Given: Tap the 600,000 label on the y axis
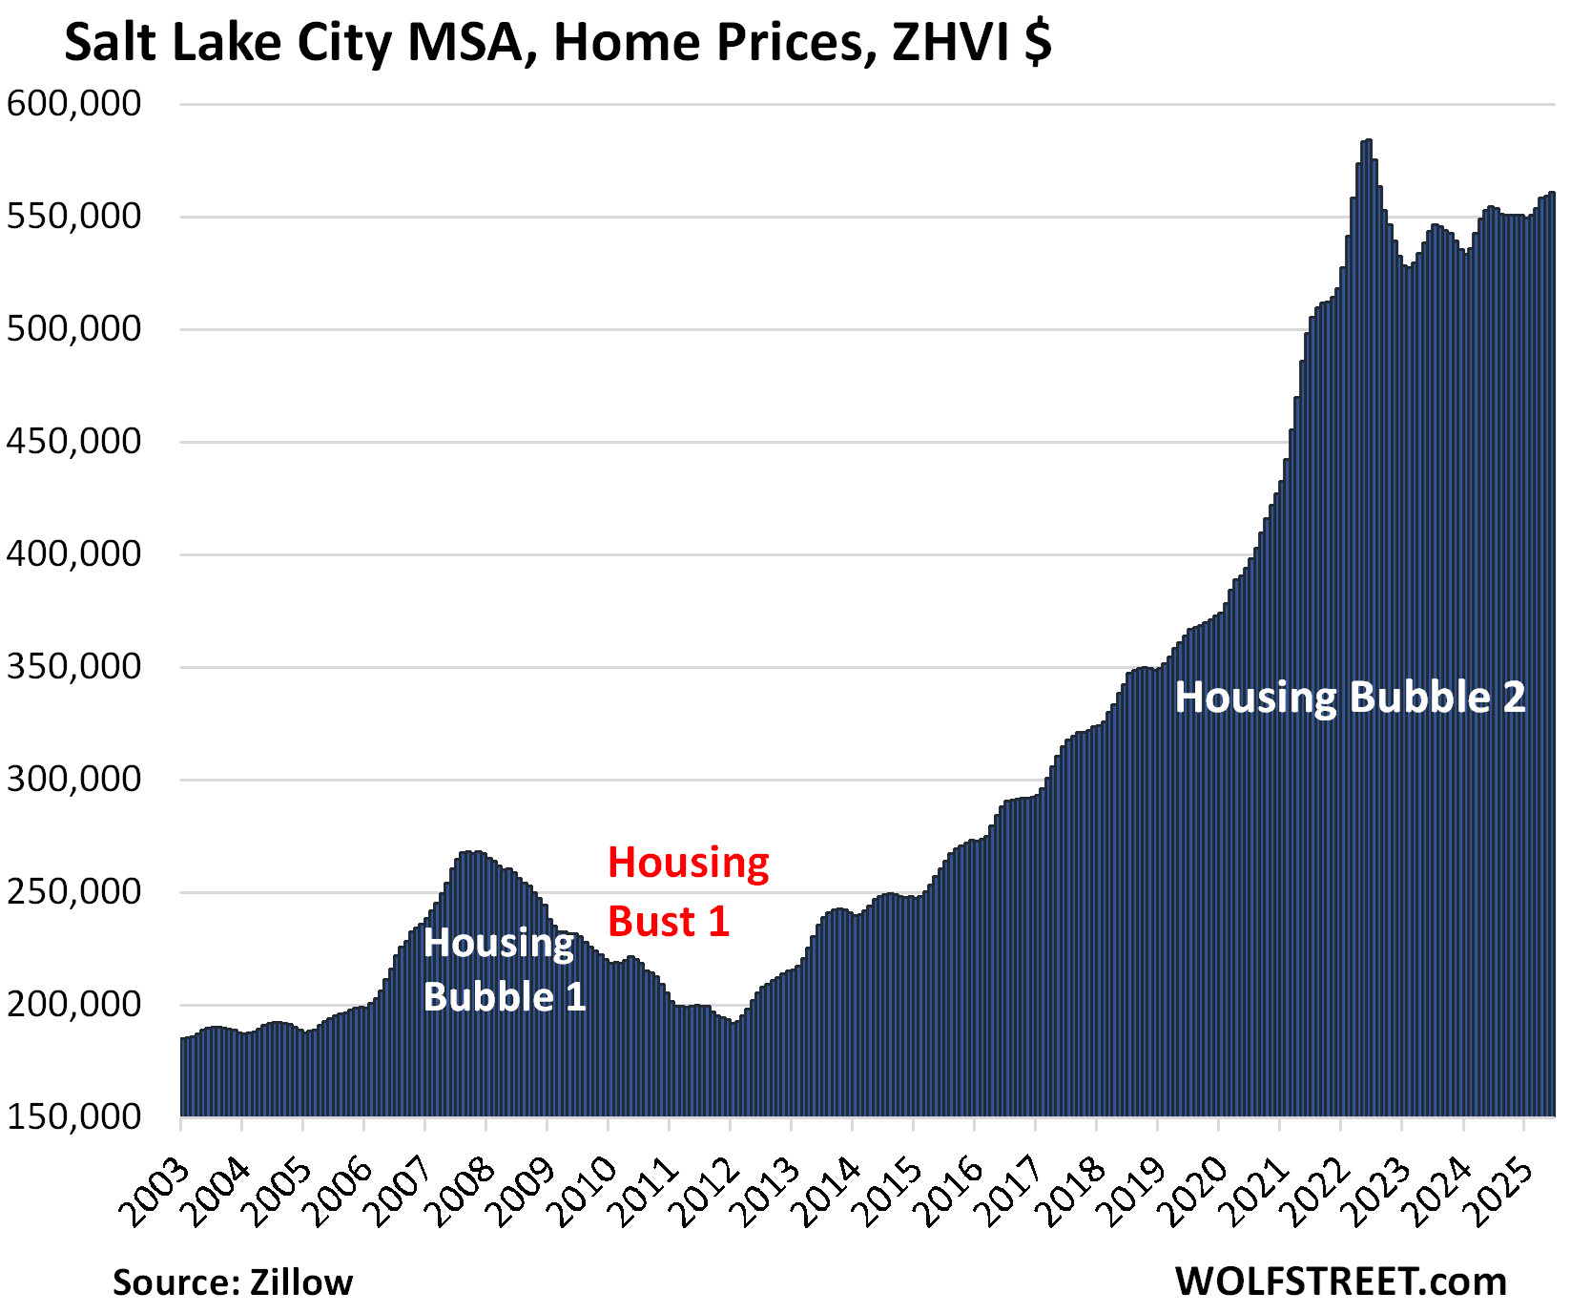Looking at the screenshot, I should click(x=74, y=104).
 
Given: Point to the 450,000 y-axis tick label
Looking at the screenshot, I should click(x=74, y=442).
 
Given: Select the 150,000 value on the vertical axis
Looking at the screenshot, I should click(x=74, y=1116).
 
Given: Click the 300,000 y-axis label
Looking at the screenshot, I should click(x=74, y=780).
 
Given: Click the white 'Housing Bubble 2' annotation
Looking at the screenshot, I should click(x=1350, y=698).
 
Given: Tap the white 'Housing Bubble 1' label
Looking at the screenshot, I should click(x=504, y=969).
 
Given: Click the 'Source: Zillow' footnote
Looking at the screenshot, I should click(x=233, y=1282).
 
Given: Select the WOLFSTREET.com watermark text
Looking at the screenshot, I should click(x=1340, y=1282).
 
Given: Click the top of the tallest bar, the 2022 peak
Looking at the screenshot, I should click(x=1368, y=142).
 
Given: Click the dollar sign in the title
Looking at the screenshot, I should click(x=1038, y=44).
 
